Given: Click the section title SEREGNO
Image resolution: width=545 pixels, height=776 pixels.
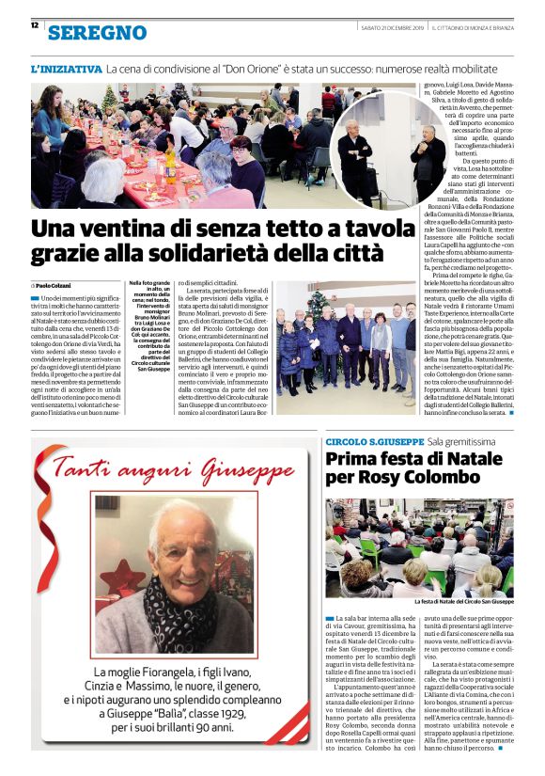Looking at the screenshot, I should tap(98, 32).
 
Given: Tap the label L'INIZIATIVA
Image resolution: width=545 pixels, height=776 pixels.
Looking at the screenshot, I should tap(66, 70).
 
